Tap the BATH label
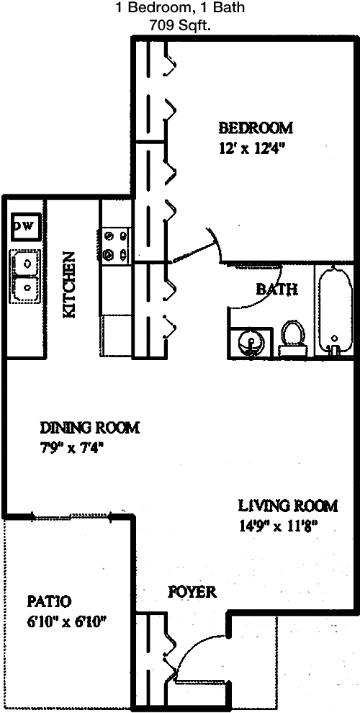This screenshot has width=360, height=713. [x=276, y=289]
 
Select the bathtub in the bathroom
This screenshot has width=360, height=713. [x=336, y=310]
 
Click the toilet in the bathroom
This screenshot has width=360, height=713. [x=292, y=338]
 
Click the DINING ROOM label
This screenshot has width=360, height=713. [x=90, y=428]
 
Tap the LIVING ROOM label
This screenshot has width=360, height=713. [x=289, y=505]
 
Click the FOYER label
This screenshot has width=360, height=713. [x=192, y=592]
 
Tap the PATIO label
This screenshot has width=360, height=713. [x=49, y=601]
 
